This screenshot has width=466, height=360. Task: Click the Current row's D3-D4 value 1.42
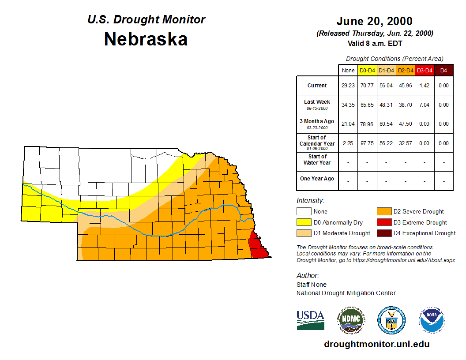425,86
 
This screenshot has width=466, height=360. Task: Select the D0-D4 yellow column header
368,70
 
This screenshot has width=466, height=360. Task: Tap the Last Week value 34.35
348,105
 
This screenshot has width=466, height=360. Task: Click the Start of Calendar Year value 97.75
368,143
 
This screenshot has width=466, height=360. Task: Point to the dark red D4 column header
444,70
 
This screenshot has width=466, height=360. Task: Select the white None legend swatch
304,212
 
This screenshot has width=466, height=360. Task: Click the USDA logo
310,320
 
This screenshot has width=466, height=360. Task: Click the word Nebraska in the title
146,39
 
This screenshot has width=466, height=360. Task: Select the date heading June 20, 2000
374,21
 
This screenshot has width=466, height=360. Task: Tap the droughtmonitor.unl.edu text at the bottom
376,344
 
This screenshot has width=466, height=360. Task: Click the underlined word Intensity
310,200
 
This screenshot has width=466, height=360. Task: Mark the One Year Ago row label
317,179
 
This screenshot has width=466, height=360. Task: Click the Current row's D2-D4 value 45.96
406,86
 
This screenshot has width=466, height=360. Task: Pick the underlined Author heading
307,276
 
